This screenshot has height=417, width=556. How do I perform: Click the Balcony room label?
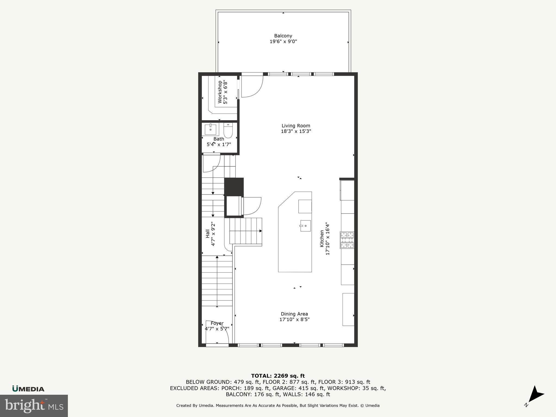tap(283, 36)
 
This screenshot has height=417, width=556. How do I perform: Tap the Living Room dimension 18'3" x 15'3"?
tap(296, 131)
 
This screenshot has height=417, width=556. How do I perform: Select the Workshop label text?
tap(220, 92)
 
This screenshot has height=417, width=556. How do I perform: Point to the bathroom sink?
tap(210, 129)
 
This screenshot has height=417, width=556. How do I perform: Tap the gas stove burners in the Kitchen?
tap(347, 240)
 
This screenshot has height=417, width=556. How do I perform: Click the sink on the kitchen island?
tap(305, 226)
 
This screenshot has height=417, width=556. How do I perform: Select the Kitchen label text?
tap(322, 239)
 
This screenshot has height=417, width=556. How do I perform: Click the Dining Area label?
tap(294, 314)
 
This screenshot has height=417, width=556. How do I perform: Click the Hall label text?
tap(208, 234)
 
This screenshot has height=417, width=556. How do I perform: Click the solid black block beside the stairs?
tap(234, 186)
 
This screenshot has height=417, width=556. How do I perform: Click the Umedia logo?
tap(28, 389)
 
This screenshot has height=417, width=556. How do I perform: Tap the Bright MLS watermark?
tap(34, 406)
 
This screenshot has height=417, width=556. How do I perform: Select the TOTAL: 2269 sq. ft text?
tap(278, 376)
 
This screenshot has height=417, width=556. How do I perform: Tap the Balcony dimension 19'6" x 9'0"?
tap(283, 42)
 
